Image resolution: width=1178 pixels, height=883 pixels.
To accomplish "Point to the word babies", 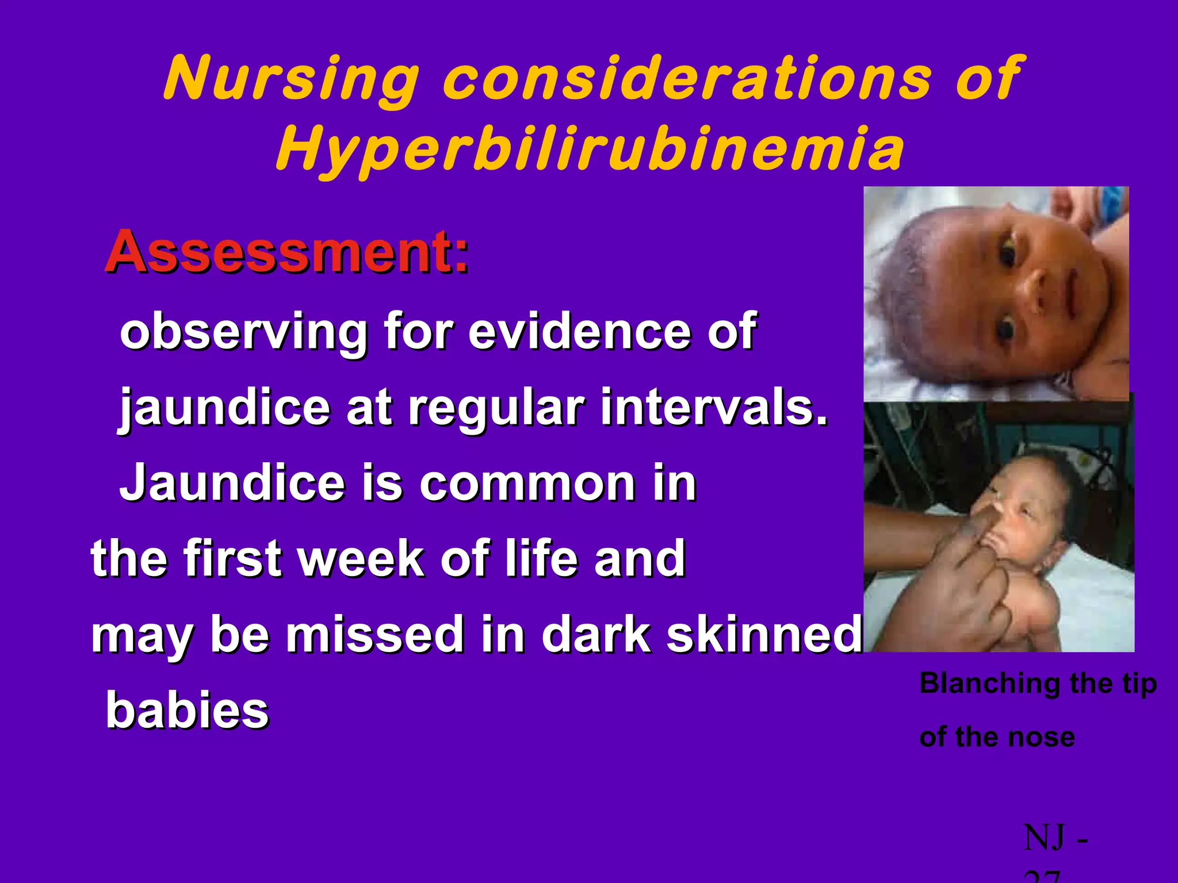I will pyautogui.click(x=188, y=710).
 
